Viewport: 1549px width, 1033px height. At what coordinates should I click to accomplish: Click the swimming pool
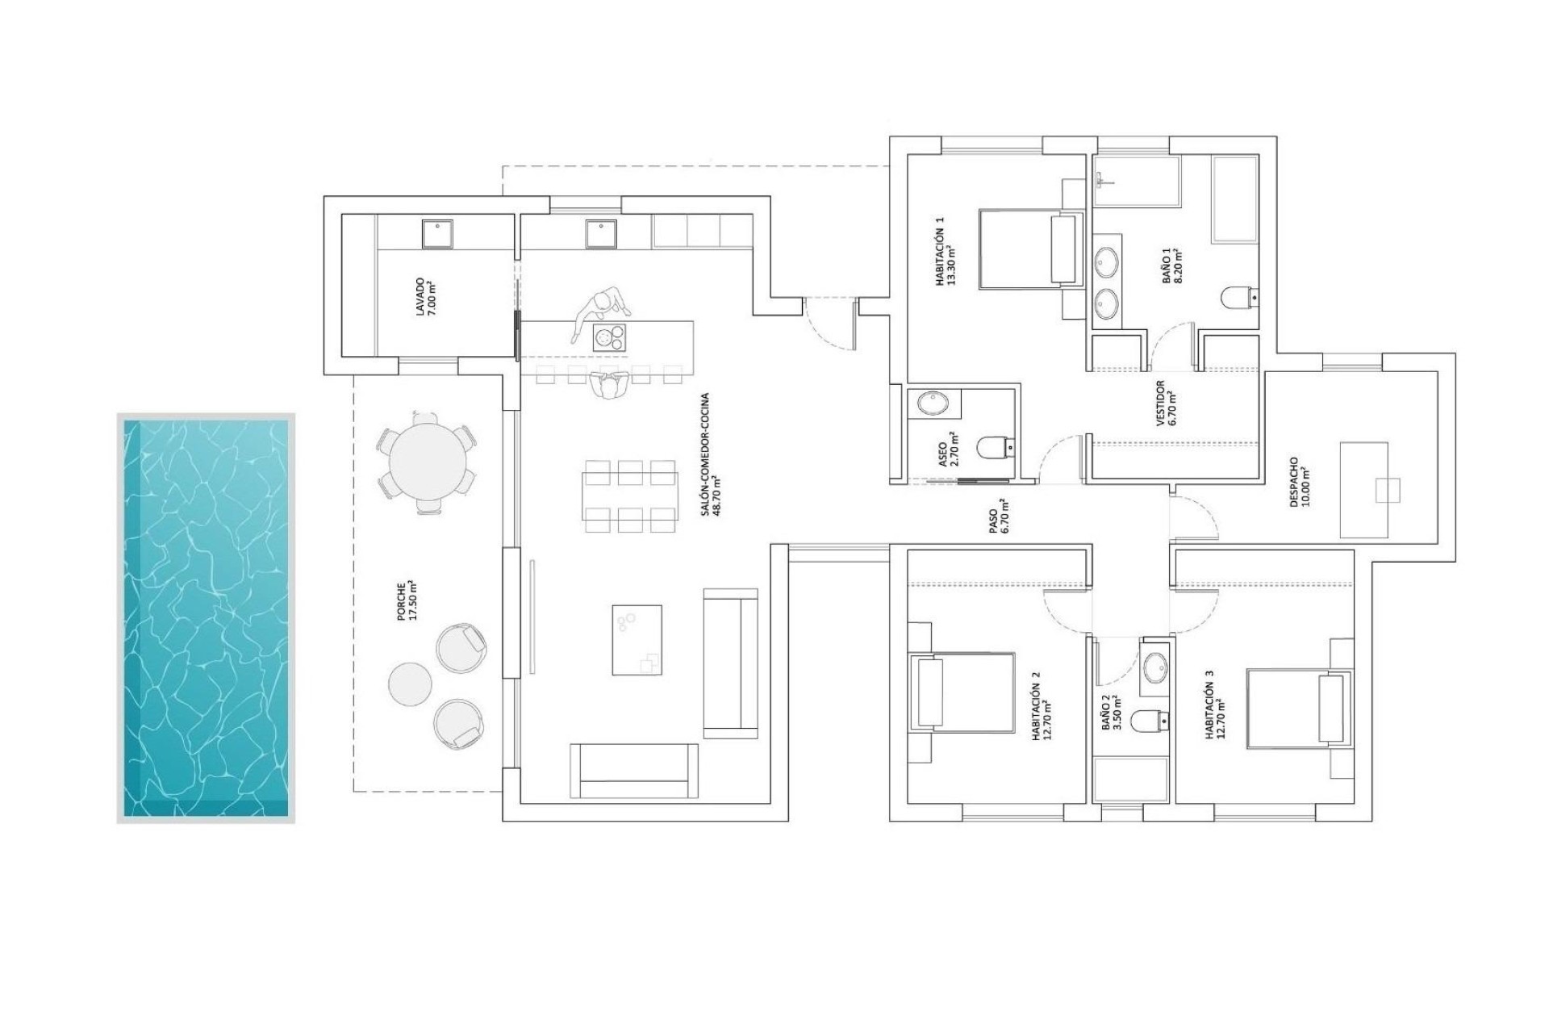point(206,617)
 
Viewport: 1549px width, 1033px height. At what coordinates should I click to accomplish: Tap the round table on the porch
point(426,464)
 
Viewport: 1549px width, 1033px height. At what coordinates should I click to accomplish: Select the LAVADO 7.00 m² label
point(425,298)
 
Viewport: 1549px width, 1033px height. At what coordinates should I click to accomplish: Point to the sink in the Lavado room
point(438,234)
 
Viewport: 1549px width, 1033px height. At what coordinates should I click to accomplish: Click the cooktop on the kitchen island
point(610,337)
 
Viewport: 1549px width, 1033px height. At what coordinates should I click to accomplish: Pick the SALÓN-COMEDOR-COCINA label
point(709,454)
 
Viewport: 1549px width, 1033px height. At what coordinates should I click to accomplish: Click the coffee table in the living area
point(637,639)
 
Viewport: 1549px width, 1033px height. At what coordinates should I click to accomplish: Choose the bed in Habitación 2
point(962,691)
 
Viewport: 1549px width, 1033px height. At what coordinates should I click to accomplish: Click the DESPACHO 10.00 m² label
point(1299,483)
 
